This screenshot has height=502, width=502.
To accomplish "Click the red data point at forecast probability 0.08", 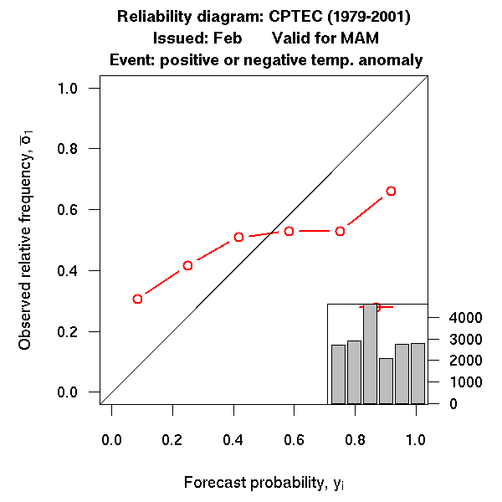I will [x=137, y=299].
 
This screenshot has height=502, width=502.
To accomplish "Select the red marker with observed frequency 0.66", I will [x=391, y=191].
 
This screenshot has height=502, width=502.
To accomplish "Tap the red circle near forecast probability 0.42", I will [x=238, y=237].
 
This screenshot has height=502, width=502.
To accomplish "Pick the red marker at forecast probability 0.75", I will [x=340, y=231].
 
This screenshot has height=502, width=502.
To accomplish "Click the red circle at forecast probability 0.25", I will [x=188, y=265].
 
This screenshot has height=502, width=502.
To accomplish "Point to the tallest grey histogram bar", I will [x=370, y=353].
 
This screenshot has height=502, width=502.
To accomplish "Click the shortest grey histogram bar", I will [x=386, y=381].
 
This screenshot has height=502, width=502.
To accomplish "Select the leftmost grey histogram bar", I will [x=338, y=374].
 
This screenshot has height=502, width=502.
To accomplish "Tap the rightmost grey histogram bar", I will [x=417, y=373].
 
